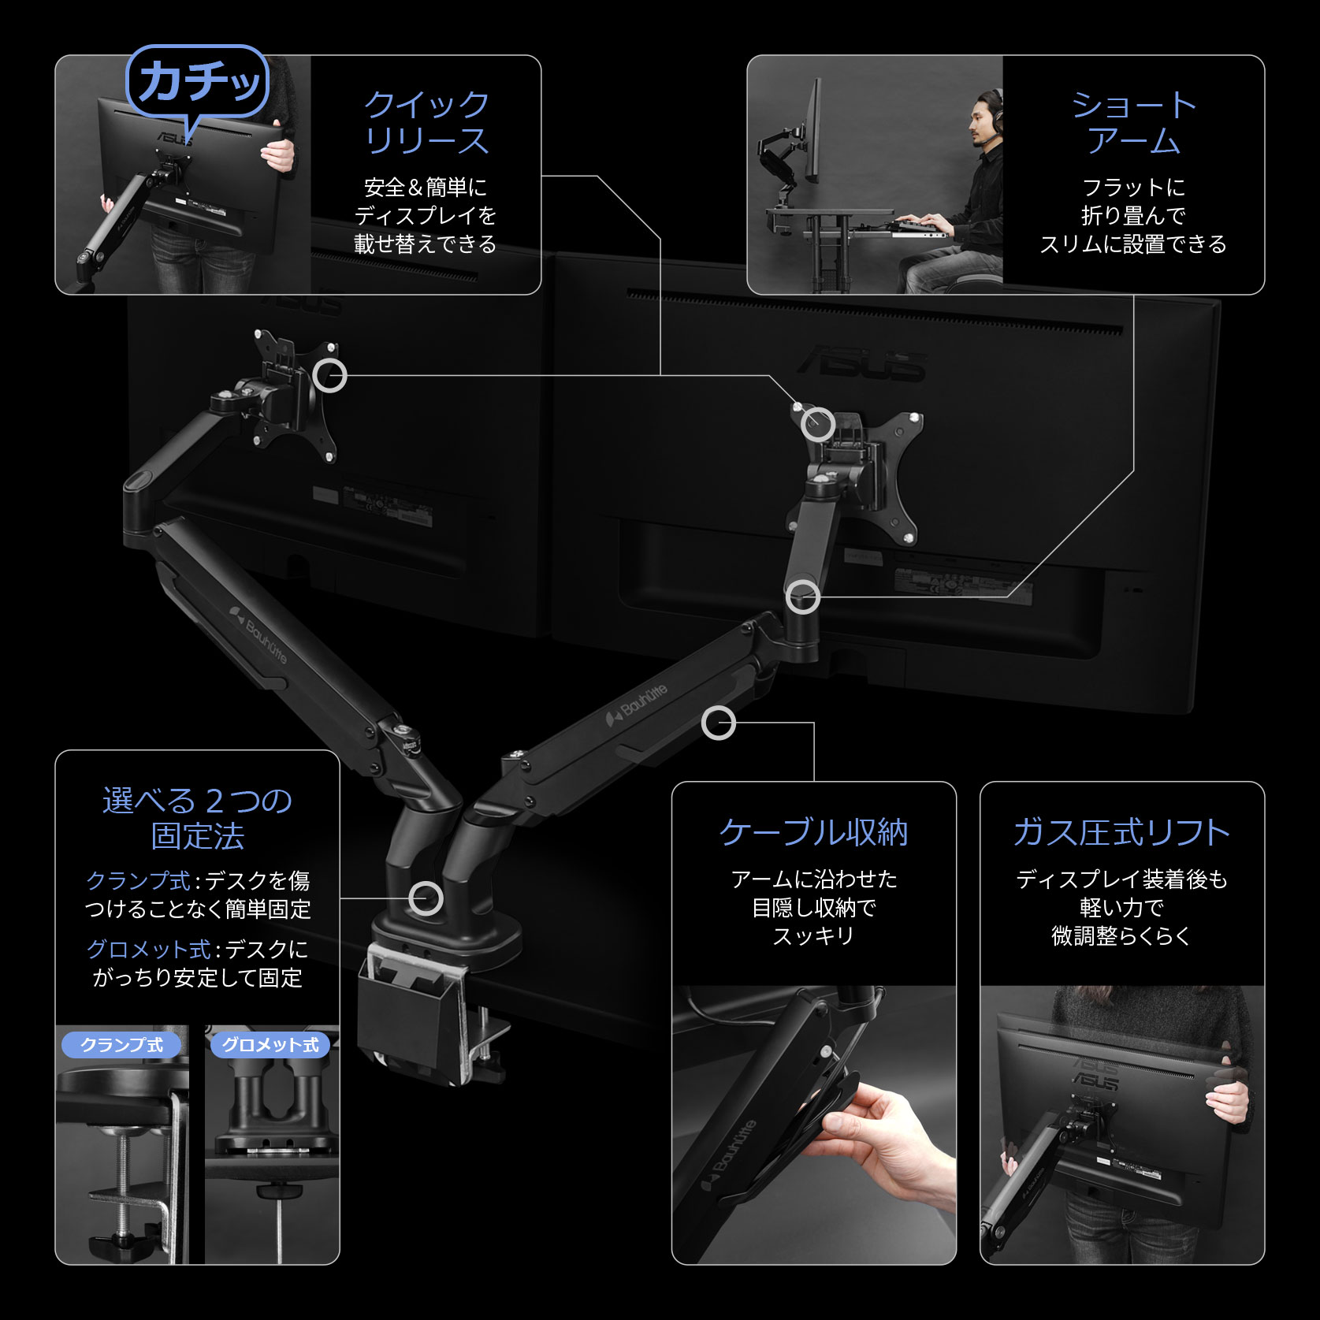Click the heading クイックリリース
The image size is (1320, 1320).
click(x=426, y=123)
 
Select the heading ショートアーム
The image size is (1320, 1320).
click(x=1133, y=123)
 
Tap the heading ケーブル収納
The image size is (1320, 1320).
click(x=813, y=832)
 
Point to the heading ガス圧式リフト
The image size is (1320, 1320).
click(x=1121, y=832)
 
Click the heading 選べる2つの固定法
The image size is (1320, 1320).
click(x=197, y=818)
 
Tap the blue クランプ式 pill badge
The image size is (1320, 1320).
click(x=121, y=1045)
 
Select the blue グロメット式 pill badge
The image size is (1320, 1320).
click(x=270, y=1045)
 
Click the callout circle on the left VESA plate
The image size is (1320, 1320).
click(x=329, y=375)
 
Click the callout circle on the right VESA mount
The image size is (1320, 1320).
click(x=818, y=424)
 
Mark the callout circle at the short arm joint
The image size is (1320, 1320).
click(x=803, y=597)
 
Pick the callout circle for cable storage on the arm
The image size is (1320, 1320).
click(x=718, y=723)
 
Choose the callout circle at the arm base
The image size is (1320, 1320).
click(x=426, y=898)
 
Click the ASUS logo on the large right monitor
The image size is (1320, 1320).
click(x=862, y=365)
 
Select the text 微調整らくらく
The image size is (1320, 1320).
click(x=1121, y=936)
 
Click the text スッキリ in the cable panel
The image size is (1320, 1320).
click(x=813, y=936)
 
